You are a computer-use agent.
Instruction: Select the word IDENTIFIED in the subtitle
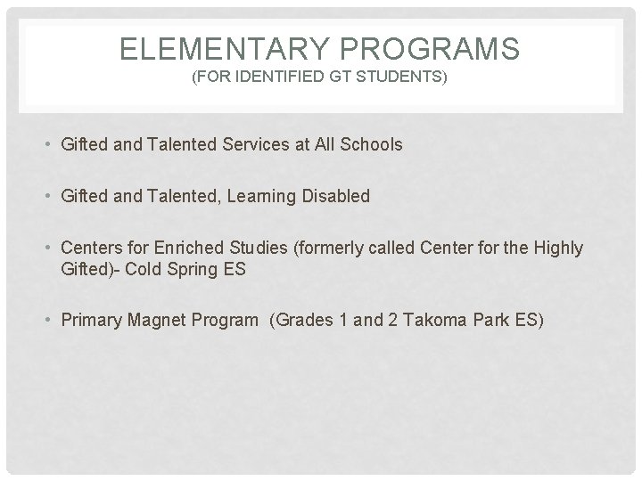272,78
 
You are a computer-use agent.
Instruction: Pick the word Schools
372,144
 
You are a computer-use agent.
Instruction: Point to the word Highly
557,248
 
